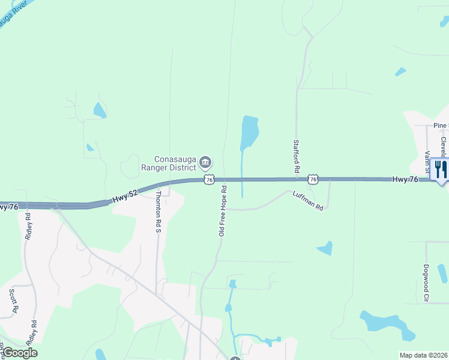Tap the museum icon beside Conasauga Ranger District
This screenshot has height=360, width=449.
coord(205,161)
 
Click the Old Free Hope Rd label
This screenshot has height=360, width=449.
coord(222,210)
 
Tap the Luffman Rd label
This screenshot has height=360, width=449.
coord(308,200)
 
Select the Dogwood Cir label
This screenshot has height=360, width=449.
coord(426,283)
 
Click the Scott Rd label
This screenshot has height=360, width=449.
coord(13,302)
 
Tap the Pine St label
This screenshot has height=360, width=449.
coord(440,126)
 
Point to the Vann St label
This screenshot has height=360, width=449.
coord(428,162)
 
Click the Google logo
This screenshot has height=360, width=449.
coord(20,353)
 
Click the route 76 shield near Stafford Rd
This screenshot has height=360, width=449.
coord(312,179)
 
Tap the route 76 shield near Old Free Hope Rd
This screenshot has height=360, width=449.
coord(209,179)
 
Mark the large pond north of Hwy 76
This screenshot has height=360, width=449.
coord(249,132)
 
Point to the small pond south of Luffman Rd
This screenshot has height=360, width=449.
coord(325,247)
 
